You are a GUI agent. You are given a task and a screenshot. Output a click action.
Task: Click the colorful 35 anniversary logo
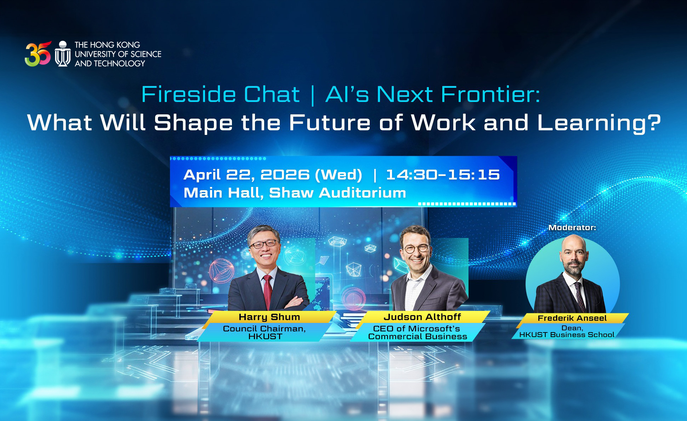pos(38,54)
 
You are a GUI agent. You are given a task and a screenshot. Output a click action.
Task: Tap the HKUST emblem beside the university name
pos(63,54)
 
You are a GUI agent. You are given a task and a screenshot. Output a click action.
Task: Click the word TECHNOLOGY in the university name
pos(119,64)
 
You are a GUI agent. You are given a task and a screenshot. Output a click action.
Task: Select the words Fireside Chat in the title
pos(220,95)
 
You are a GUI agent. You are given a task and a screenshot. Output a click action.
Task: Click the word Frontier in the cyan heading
pos(490,95)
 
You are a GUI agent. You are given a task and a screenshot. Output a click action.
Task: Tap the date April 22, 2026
pos(246,175)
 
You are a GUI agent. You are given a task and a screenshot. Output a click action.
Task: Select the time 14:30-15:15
pos(443,175)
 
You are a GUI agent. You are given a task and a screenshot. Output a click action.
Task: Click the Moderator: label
pos(572,228)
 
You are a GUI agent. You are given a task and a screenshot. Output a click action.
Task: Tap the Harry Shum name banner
pos(269,317)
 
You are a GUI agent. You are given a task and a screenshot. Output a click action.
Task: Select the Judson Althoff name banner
pos(422,317)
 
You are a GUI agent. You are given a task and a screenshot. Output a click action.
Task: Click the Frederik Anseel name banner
pos(572,318)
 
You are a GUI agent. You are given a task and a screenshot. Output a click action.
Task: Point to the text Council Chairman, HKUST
pos(264,332)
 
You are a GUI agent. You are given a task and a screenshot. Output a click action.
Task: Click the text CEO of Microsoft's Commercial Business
pos(417,332)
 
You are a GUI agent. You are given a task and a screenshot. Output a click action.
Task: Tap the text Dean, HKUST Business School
pos(567,331)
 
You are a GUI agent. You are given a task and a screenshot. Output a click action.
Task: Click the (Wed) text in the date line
pos(339,175)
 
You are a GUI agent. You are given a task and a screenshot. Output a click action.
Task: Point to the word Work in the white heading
pos(443,123)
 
